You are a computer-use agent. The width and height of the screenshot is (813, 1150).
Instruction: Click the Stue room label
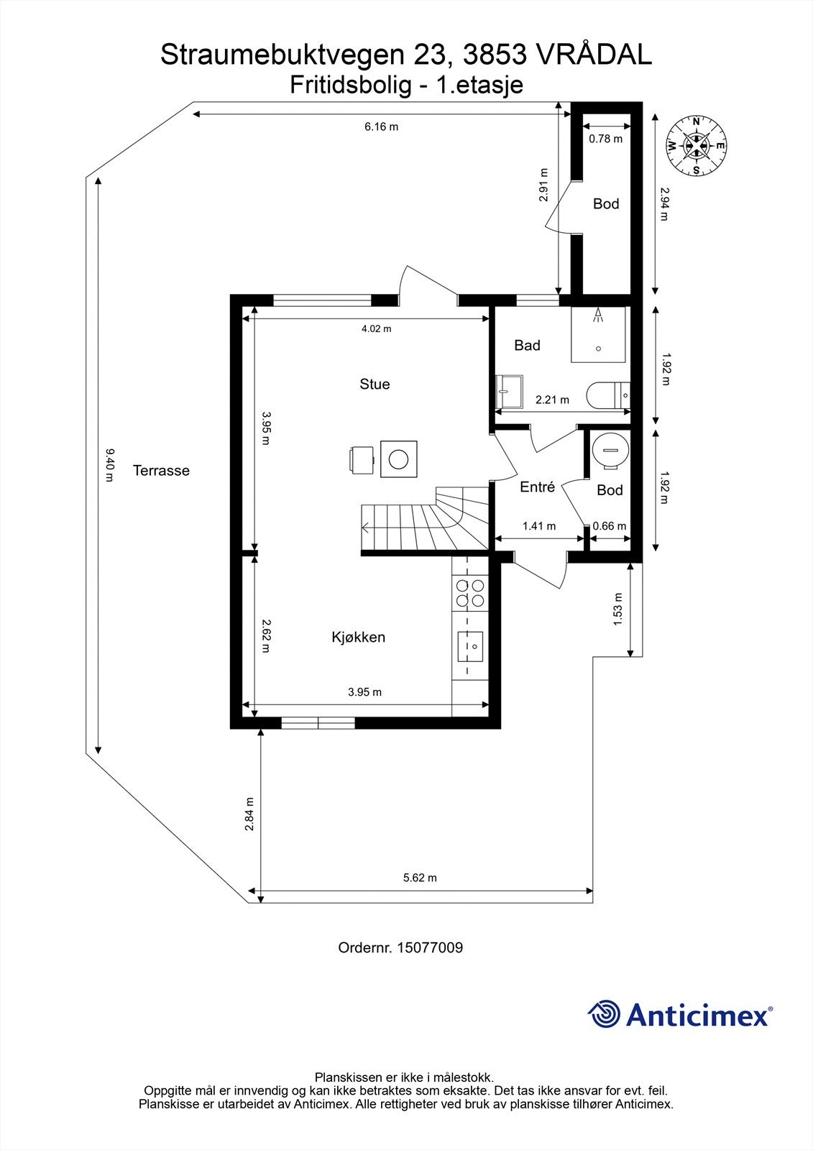click(x=375, y=384)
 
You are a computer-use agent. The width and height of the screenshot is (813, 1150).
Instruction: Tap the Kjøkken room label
click(x=358, y=637)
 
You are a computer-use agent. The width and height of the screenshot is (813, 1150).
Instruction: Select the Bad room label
click(x=527, y=345)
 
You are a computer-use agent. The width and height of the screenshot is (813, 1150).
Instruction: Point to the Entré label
click(x=537, y=487)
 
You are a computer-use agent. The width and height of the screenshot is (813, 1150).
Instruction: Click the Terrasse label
click(x=161, y=470)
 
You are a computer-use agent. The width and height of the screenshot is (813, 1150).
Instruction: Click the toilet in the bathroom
click(x=609, y=395)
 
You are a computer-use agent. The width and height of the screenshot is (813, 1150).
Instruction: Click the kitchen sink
click(x=470, y=646)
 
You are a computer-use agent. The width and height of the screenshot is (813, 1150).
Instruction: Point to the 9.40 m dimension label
click(x=109, y=465)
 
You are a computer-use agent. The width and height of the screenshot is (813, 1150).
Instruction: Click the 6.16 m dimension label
click(x=381, y=126)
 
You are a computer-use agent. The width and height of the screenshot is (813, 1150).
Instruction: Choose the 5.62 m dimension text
click(x=420, y=878)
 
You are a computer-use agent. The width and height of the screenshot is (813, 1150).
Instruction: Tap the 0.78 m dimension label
click(x=605, y=139)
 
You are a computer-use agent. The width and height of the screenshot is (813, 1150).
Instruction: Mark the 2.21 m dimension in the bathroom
click(x=552, y=400)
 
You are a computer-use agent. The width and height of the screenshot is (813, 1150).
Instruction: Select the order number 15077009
click(x=430, y=948)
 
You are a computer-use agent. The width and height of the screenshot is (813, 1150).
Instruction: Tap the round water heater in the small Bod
click(x=611, y=449)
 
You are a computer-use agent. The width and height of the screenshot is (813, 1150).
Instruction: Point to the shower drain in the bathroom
click(x=598, y=349)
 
